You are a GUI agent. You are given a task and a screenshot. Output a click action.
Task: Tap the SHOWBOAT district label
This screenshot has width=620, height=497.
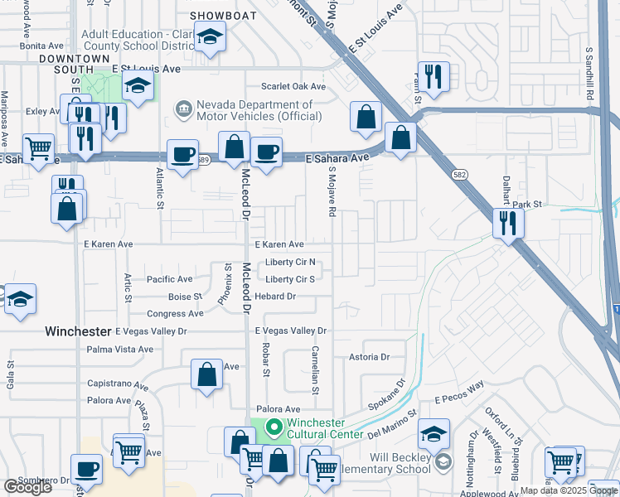tap(219, 16)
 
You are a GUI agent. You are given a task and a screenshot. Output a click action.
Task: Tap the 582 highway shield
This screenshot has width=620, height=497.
tap(458, 175)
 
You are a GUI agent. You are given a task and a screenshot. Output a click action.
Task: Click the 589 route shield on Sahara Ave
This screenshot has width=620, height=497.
tap(202, 164)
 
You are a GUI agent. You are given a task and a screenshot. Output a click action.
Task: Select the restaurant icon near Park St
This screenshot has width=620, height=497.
tap(506, 222)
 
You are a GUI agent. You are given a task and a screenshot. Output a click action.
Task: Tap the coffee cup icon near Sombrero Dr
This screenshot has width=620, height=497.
tap(86, 469)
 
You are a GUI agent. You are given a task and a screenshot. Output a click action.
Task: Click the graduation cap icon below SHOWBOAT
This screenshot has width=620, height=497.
tap(210, 36)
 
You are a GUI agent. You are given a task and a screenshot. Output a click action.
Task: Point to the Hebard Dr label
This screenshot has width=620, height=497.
tap(275, 297)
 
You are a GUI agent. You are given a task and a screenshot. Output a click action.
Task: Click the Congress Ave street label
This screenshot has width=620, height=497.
tap(175, 314)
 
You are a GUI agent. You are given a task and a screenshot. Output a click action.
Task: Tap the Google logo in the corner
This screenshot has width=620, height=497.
tap(27, 487)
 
